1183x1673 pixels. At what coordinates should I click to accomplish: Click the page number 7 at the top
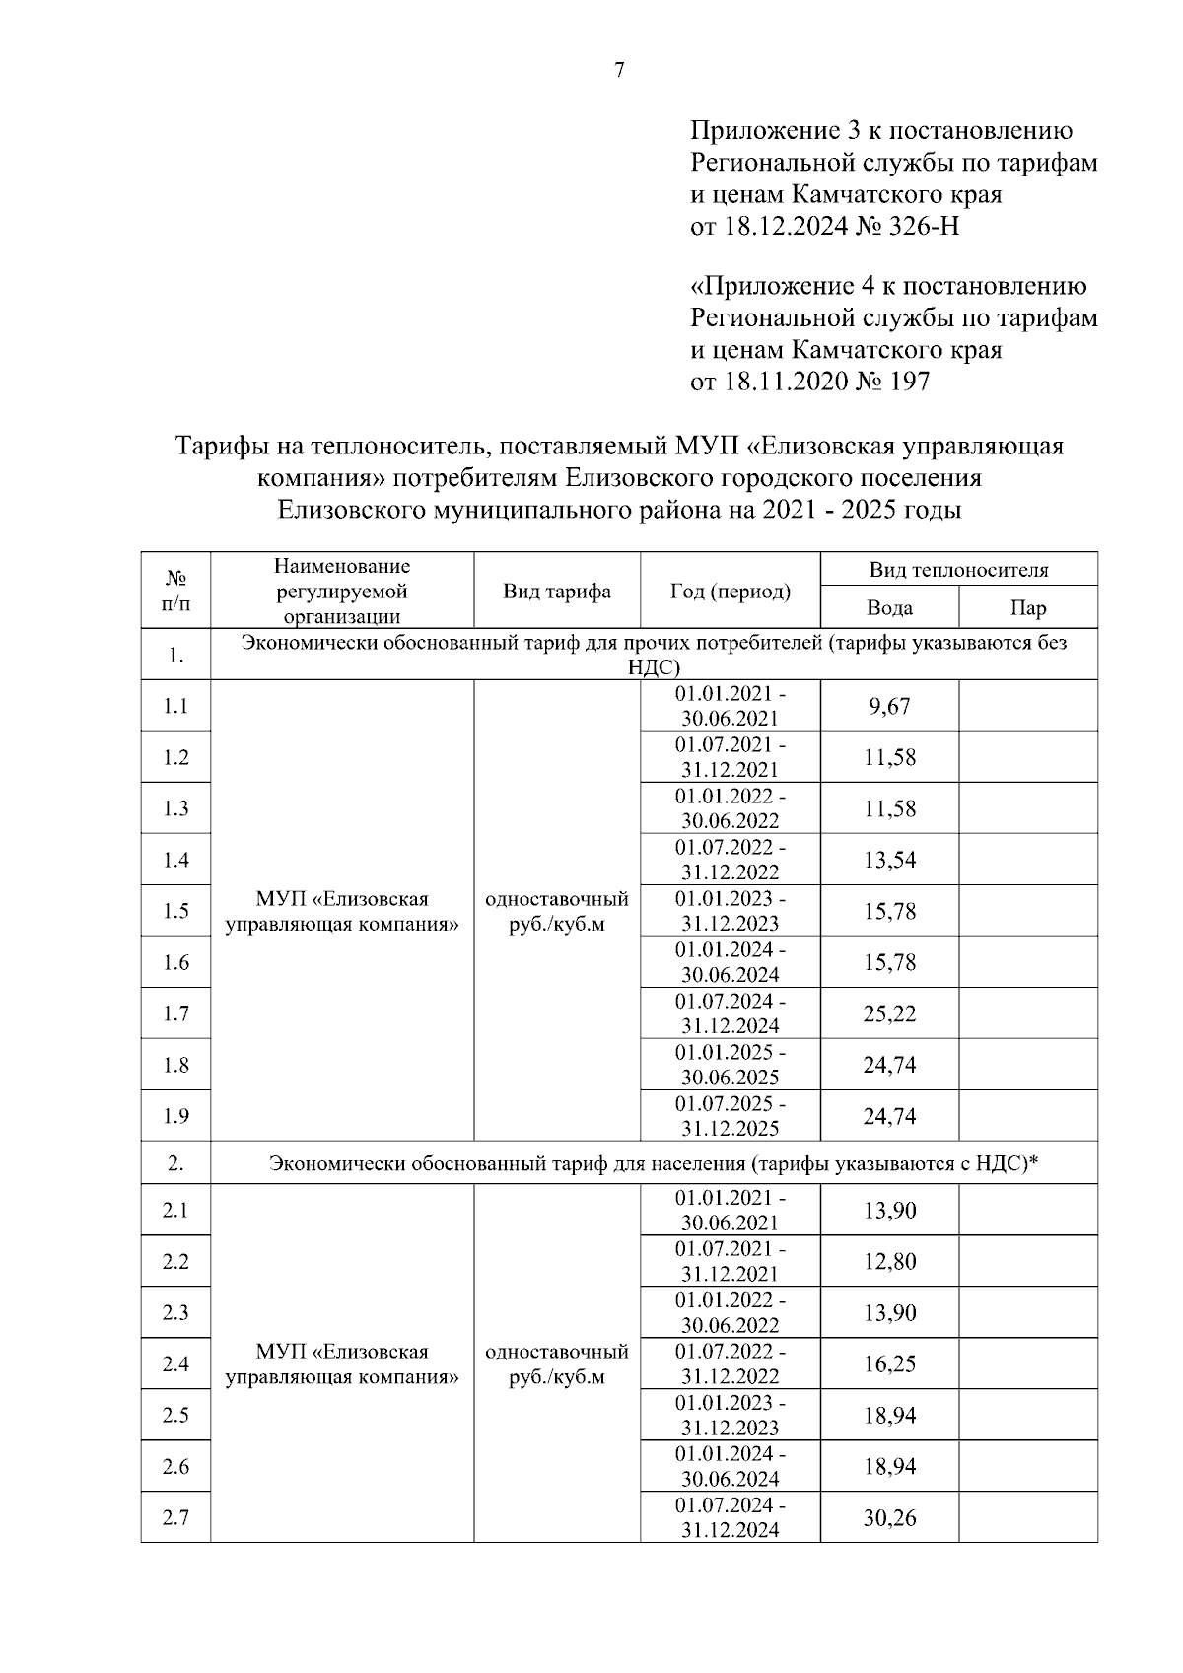tap(619, 70)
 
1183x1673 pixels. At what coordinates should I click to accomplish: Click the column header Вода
tap(889, 607)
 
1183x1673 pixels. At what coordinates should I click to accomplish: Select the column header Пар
tap(1027, 607)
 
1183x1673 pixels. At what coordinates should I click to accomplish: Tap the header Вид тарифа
tap(557, 591)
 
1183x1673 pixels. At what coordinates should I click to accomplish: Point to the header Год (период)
tap(730, 591)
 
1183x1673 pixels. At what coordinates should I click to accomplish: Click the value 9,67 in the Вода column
tap(889, 706)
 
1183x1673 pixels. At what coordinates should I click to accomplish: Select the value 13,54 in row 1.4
tap(889, 860)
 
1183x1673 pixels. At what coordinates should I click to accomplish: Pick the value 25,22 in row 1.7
tap(889, 1013)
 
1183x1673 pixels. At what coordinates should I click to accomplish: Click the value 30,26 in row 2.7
tap(889, 1518)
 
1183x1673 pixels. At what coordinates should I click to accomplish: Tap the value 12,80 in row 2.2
tap(889, 1262)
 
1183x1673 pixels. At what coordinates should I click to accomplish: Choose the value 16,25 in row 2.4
tap(889, 1364)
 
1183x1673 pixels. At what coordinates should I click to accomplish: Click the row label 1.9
tap(175, 1116)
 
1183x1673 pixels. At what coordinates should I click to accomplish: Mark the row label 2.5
tap(175, 1416)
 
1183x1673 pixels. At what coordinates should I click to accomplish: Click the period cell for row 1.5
tap(730, 911)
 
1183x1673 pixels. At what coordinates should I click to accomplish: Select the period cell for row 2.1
tap(730, 1211)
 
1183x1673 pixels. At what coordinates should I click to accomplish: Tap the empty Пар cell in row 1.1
tap(1027, 706)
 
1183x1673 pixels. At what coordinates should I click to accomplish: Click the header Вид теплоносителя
tap(958, 570)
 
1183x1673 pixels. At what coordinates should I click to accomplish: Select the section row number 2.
tap(175, 1163)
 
